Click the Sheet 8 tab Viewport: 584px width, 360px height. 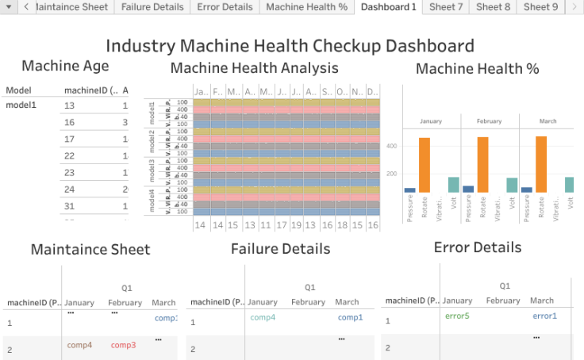click(494, 7)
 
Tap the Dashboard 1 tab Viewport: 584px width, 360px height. click(388, 7)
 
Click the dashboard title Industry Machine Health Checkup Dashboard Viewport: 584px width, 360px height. click(290, 46)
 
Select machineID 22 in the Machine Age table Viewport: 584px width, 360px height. click(69, 155)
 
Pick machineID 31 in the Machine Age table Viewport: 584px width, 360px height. click(69, 205)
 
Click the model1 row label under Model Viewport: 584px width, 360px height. click(21, 105)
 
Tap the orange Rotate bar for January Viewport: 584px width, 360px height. click(425, 165)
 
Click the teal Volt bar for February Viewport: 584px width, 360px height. click(512, 185)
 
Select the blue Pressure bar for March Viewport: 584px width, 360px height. click(526, 190)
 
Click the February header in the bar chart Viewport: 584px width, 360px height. click(489, 121)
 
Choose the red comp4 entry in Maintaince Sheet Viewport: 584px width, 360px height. click(79, 345)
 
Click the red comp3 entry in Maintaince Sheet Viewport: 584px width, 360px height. click(123, 345)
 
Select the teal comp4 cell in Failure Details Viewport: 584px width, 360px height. click(263, 317)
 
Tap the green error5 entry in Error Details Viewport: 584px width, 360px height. click(457, 316)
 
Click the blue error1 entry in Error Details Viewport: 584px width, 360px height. click(544, 316)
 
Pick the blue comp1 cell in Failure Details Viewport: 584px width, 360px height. click(350, 317)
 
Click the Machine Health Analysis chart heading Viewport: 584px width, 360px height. click(254, 68)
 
